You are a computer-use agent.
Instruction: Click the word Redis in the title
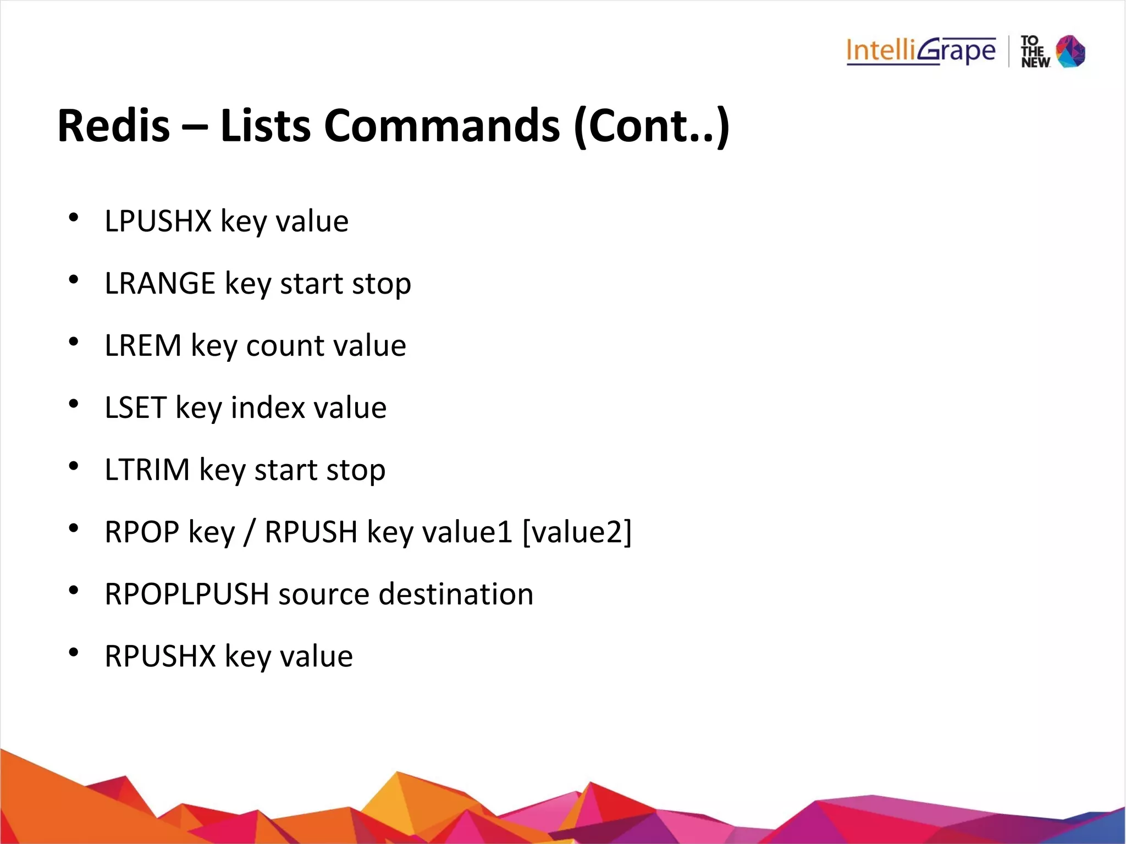(x=114, y=126)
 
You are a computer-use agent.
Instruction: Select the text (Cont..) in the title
(x=651, y=126)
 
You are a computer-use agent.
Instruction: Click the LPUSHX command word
(x=158, y=222)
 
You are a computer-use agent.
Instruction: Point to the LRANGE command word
(x=160, y=284)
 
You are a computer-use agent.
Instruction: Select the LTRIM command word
(x=147, y=470)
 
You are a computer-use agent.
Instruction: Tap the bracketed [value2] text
(x=577, y=532)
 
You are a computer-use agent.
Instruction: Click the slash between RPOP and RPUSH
(x=250, y=532)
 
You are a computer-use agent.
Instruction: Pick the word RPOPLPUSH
(x=187, y=594)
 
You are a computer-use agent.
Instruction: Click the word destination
(x=456, y=594)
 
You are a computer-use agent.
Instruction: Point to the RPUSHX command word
(x=161, y=657)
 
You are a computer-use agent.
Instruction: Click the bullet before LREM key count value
(x=74, y=342)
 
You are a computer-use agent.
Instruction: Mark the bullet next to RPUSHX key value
(x=74, y=653)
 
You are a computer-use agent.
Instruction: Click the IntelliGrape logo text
(x=921, y=51)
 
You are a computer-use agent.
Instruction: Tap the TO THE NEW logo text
(x=1034, y=52)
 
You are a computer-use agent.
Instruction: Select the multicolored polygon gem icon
(x=1070, y=51)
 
